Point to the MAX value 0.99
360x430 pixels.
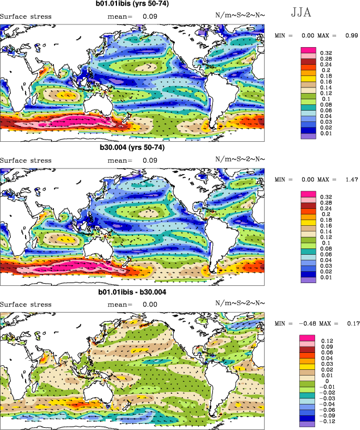(x=350, y=35)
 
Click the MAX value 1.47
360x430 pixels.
(x=350, y=179)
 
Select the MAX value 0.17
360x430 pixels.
(x=350, y=323)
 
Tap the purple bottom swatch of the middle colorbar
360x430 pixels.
(x=307, y=280)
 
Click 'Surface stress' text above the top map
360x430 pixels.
(x=26, y=16)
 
